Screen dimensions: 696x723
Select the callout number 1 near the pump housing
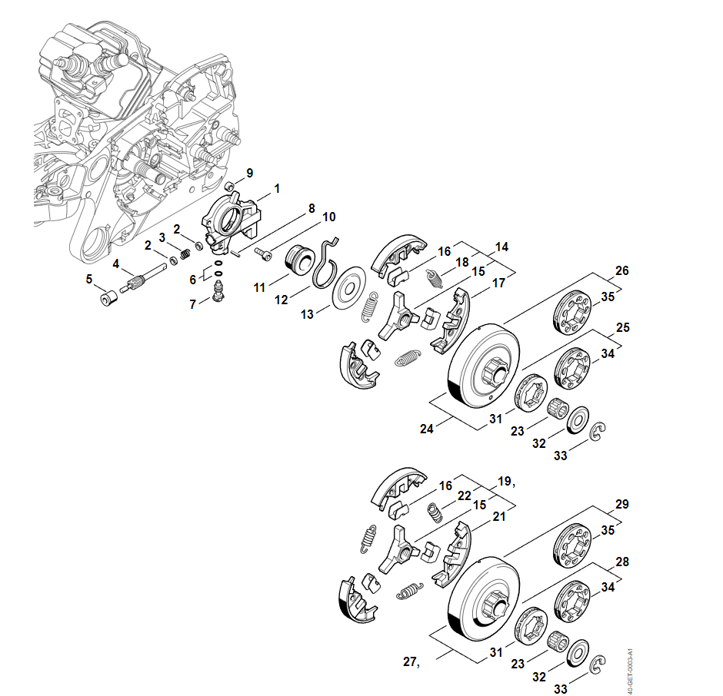pyautogui.click(x=277, y=188)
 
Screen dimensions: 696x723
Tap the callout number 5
pyautogui.click(x=88, y=280)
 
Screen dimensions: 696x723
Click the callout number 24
pyautogui.click(x=426, y=429)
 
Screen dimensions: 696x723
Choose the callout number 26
pyautogui.click(x=622, y=271)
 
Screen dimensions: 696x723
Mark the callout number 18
pyautogui.click(x=462, y=262)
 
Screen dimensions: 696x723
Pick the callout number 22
pyautogui.click(x=464, y=496)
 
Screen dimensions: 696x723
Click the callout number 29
pyautogui.click(x=622, y=505)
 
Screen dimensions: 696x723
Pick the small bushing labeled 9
pyautogui.click(x=229, y=186)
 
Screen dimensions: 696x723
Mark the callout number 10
pyautogui.click(x=329, y=217)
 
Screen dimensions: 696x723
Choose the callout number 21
pyautogui.click(x=499, y=517)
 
